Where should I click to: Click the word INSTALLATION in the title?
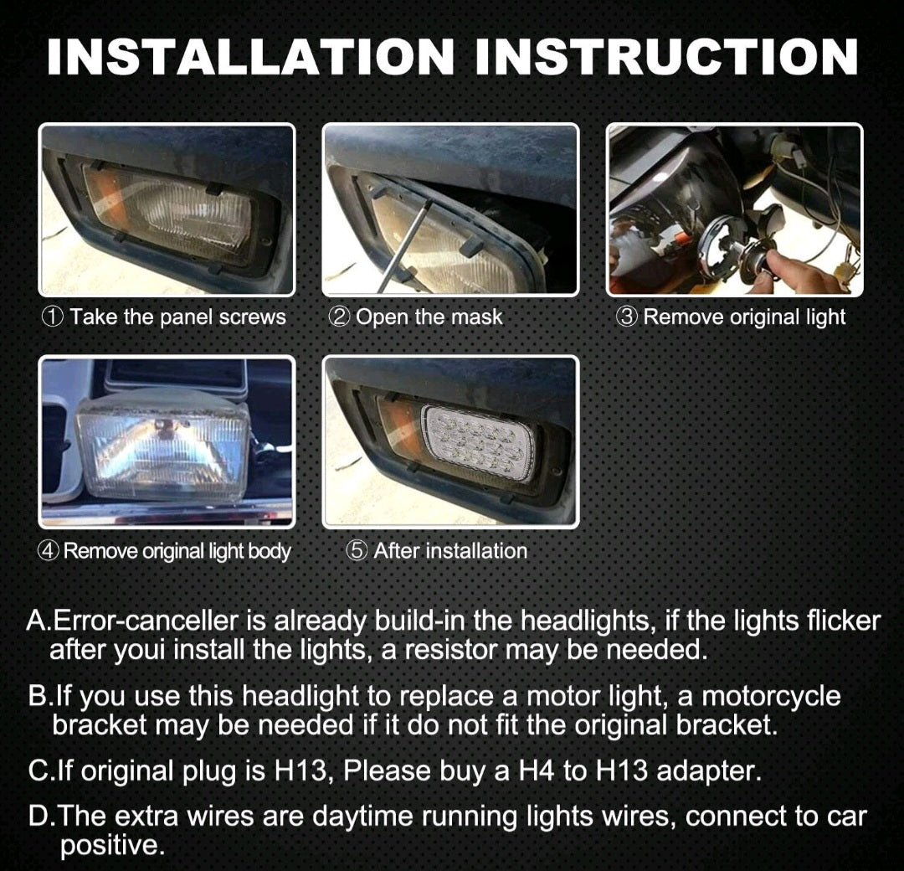[x=251, y=56]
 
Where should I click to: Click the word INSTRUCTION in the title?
[x=666, y=56]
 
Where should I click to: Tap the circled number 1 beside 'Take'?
[x=53, y=317]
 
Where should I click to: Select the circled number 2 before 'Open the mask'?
[x=338, y=317]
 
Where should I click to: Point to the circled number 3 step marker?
[x=627, y=317]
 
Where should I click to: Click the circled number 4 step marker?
[x=49, y=551]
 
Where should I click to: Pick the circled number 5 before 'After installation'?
[x=357, y=551]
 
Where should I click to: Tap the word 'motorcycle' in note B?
[x=771, y=697]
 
